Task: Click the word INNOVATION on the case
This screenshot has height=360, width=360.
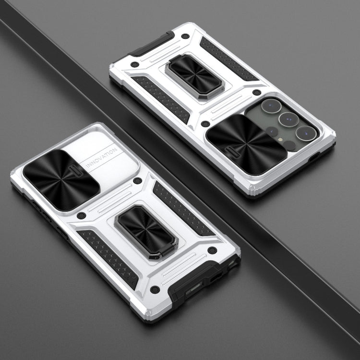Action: click(101, 158)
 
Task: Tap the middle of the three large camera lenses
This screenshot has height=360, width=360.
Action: click(288, 120)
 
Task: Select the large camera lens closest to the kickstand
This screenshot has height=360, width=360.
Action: click(271, 106)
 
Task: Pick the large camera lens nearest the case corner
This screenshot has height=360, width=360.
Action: click(306, 133)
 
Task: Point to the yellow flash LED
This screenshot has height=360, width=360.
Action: click(280, 139)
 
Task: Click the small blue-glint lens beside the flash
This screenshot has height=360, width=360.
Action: click(272, 132)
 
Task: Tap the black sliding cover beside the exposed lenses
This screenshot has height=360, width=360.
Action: click(247, 144)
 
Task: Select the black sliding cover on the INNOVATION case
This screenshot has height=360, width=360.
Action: click(61, 180)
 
